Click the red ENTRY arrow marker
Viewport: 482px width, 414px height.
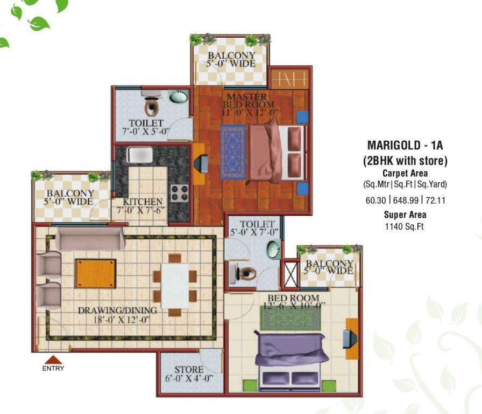click(x=53, y=360)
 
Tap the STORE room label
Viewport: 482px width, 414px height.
click(x=189, y=369)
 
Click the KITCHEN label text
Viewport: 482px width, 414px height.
click(x=143, y=202)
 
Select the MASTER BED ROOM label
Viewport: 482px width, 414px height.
click(x=248, y=101)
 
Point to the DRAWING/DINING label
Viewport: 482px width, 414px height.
click(x=117, y=310)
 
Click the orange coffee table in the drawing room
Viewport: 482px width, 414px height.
click(x=96, y=273)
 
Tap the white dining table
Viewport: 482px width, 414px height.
click(x=175, y=286)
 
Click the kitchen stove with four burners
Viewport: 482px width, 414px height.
click(x=180, y=193)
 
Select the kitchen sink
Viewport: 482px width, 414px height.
click(x=140, y=155)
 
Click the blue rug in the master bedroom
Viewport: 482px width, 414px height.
click(x=233, y=151)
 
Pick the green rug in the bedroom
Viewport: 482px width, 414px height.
click(x=290, y=318)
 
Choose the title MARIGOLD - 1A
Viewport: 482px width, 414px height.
click(x=405, y=145)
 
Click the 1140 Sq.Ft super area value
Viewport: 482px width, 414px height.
click(x=404, y=226)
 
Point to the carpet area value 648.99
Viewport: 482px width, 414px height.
click(x=406, y=200)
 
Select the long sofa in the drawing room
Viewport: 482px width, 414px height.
click(x=90, y=239)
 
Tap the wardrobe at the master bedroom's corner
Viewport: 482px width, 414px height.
click(x=289, y=79)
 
